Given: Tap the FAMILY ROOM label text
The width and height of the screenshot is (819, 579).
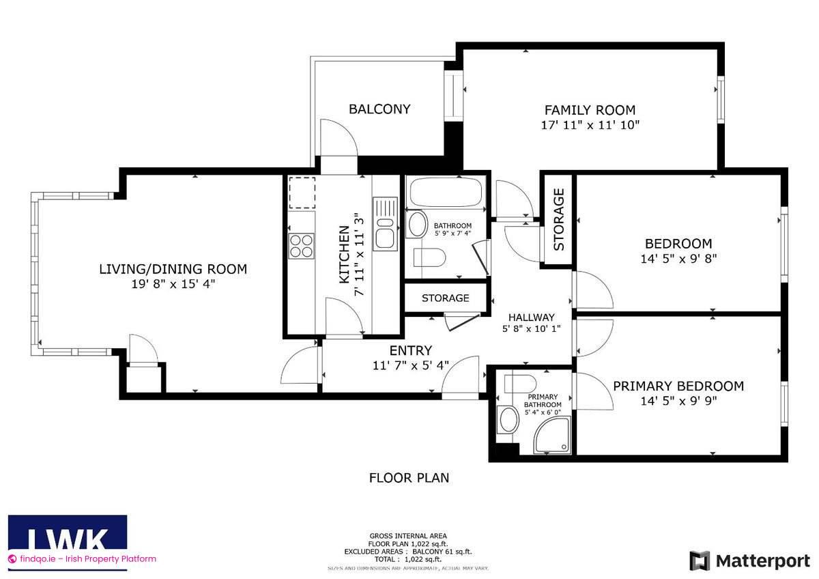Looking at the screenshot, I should coord(590,110).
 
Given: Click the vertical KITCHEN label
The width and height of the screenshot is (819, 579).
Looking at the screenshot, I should coord(345,254).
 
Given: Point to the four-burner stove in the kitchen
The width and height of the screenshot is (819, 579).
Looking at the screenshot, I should coord(301,245).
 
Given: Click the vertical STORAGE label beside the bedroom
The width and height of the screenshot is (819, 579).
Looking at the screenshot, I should coord(559,219).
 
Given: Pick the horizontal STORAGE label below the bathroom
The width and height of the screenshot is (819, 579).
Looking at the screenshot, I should coord(445,298).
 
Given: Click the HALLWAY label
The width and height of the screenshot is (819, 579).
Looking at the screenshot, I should coord(531,317).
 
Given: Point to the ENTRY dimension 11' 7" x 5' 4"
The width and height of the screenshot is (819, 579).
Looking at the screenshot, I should coord(410,365).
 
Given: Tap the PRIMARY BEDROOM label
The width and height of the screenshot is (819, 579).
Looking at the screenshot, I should coord(678,386).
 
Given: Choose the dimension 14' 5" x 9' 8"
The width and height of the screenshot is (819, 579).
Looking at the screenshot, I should coord(678,259).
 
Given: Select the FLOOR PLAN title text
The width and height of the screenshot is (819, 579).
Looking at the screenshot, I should coord(409,478).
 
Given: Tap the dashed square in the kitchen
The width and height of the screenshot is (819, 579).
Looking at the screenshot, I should coord(302,192).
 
